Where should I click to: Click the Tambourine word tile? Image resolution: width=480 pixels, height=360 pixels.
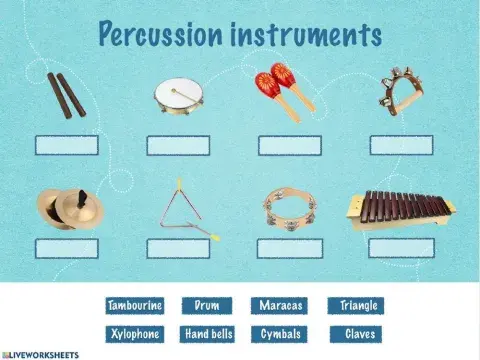[x=134, y=306]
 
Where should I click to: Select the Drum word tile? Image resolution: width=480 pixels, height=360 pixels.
[x=206, y=306]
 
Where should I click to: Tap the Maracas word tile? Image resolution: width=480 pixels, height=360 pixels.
[x=281, y=306]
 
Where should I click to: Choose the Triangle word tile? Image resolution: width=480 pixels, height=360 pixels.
[x=359, y=306]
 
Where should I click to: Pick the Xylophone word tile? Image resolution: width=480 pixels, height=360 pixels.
[x=134, y=334]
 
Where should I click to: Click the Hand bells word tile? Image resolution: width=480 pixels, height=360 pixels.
[x=209, y=334]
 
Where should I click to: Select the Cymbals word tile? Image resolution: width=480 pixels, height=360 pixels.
[x=281, y=334]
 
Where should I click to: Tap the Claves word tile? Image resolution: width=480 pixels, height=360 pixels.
[x=359, y=334]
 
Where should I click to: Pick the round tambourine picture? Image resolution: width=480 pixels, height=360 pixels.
[x=289, y=208]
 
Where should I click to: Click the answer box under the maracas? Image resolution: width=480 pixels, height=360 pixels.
[x=290, y=146]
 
